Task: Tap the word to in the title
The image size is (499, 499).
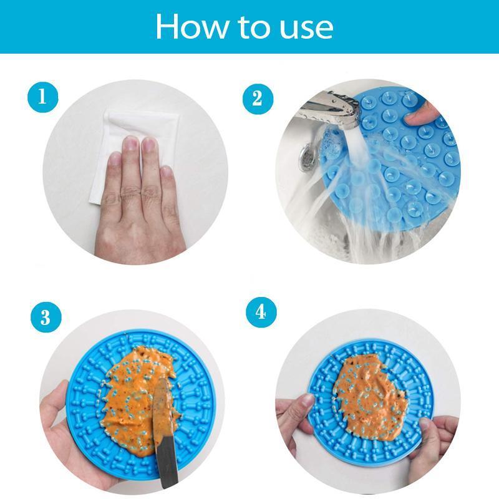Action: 253,27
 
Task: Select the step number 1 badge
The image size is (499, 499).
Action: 43,97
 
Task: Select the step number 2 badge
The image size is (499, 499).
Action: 257,97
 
